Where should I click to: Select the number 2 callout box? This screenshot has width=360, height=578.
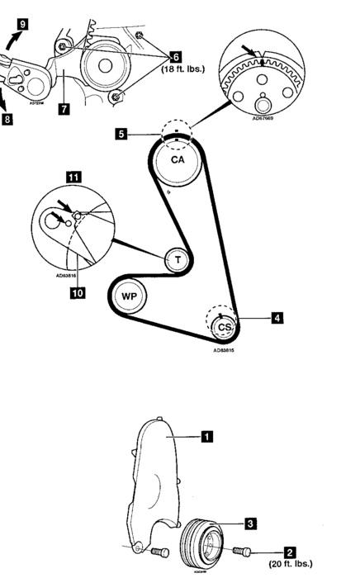coord(290,549)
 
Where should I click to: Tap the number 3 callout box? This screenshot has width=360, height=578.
coord(249,522)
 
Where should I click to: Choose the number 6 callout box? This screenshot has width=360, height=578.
coord(175,56)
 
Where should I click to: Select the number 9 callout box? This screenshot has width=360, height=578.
coord(23,25)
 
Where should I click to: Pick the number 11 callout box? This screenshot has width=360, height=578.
coord(73,177)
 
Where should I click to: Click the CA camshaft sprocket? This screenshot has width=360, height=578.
coord(178,161)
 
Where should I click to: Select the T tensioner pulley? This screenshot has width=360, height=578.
coord(176,260)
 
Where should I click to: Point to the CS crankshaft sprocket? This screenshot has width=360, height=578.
coord(223,327)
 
